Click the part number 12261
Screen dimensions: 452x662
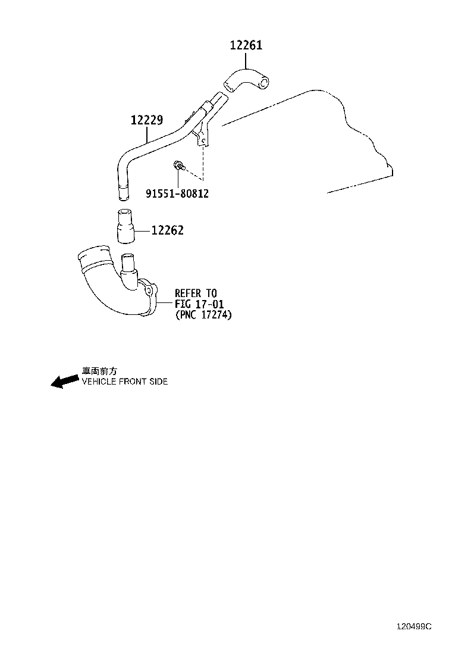[246, 45]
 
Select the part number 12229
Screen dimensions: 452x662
[147, 120]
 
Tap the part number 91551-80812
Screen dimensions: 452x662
[177, 193]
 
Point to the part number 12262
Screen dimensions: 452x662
[167, 230]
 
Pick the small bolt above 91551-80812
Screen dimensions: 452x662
[179, 165]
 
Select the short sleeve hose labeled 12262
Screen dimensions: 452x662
[124, 226]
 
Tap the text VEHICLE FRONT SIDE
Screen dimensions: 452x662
[125, 381]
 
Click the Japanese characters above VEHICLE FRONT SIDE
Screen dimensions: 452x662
[99, 371]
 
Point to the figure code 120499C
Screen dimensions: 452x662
[414, 626]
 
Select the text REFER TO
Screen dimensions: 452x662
[196, 293]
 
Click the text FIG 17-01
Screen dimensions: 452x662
[199, 304]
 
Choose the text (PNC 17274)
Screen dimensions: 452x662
[203, 315]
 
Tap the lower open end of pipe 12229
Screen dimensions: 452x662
[123, 193]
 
